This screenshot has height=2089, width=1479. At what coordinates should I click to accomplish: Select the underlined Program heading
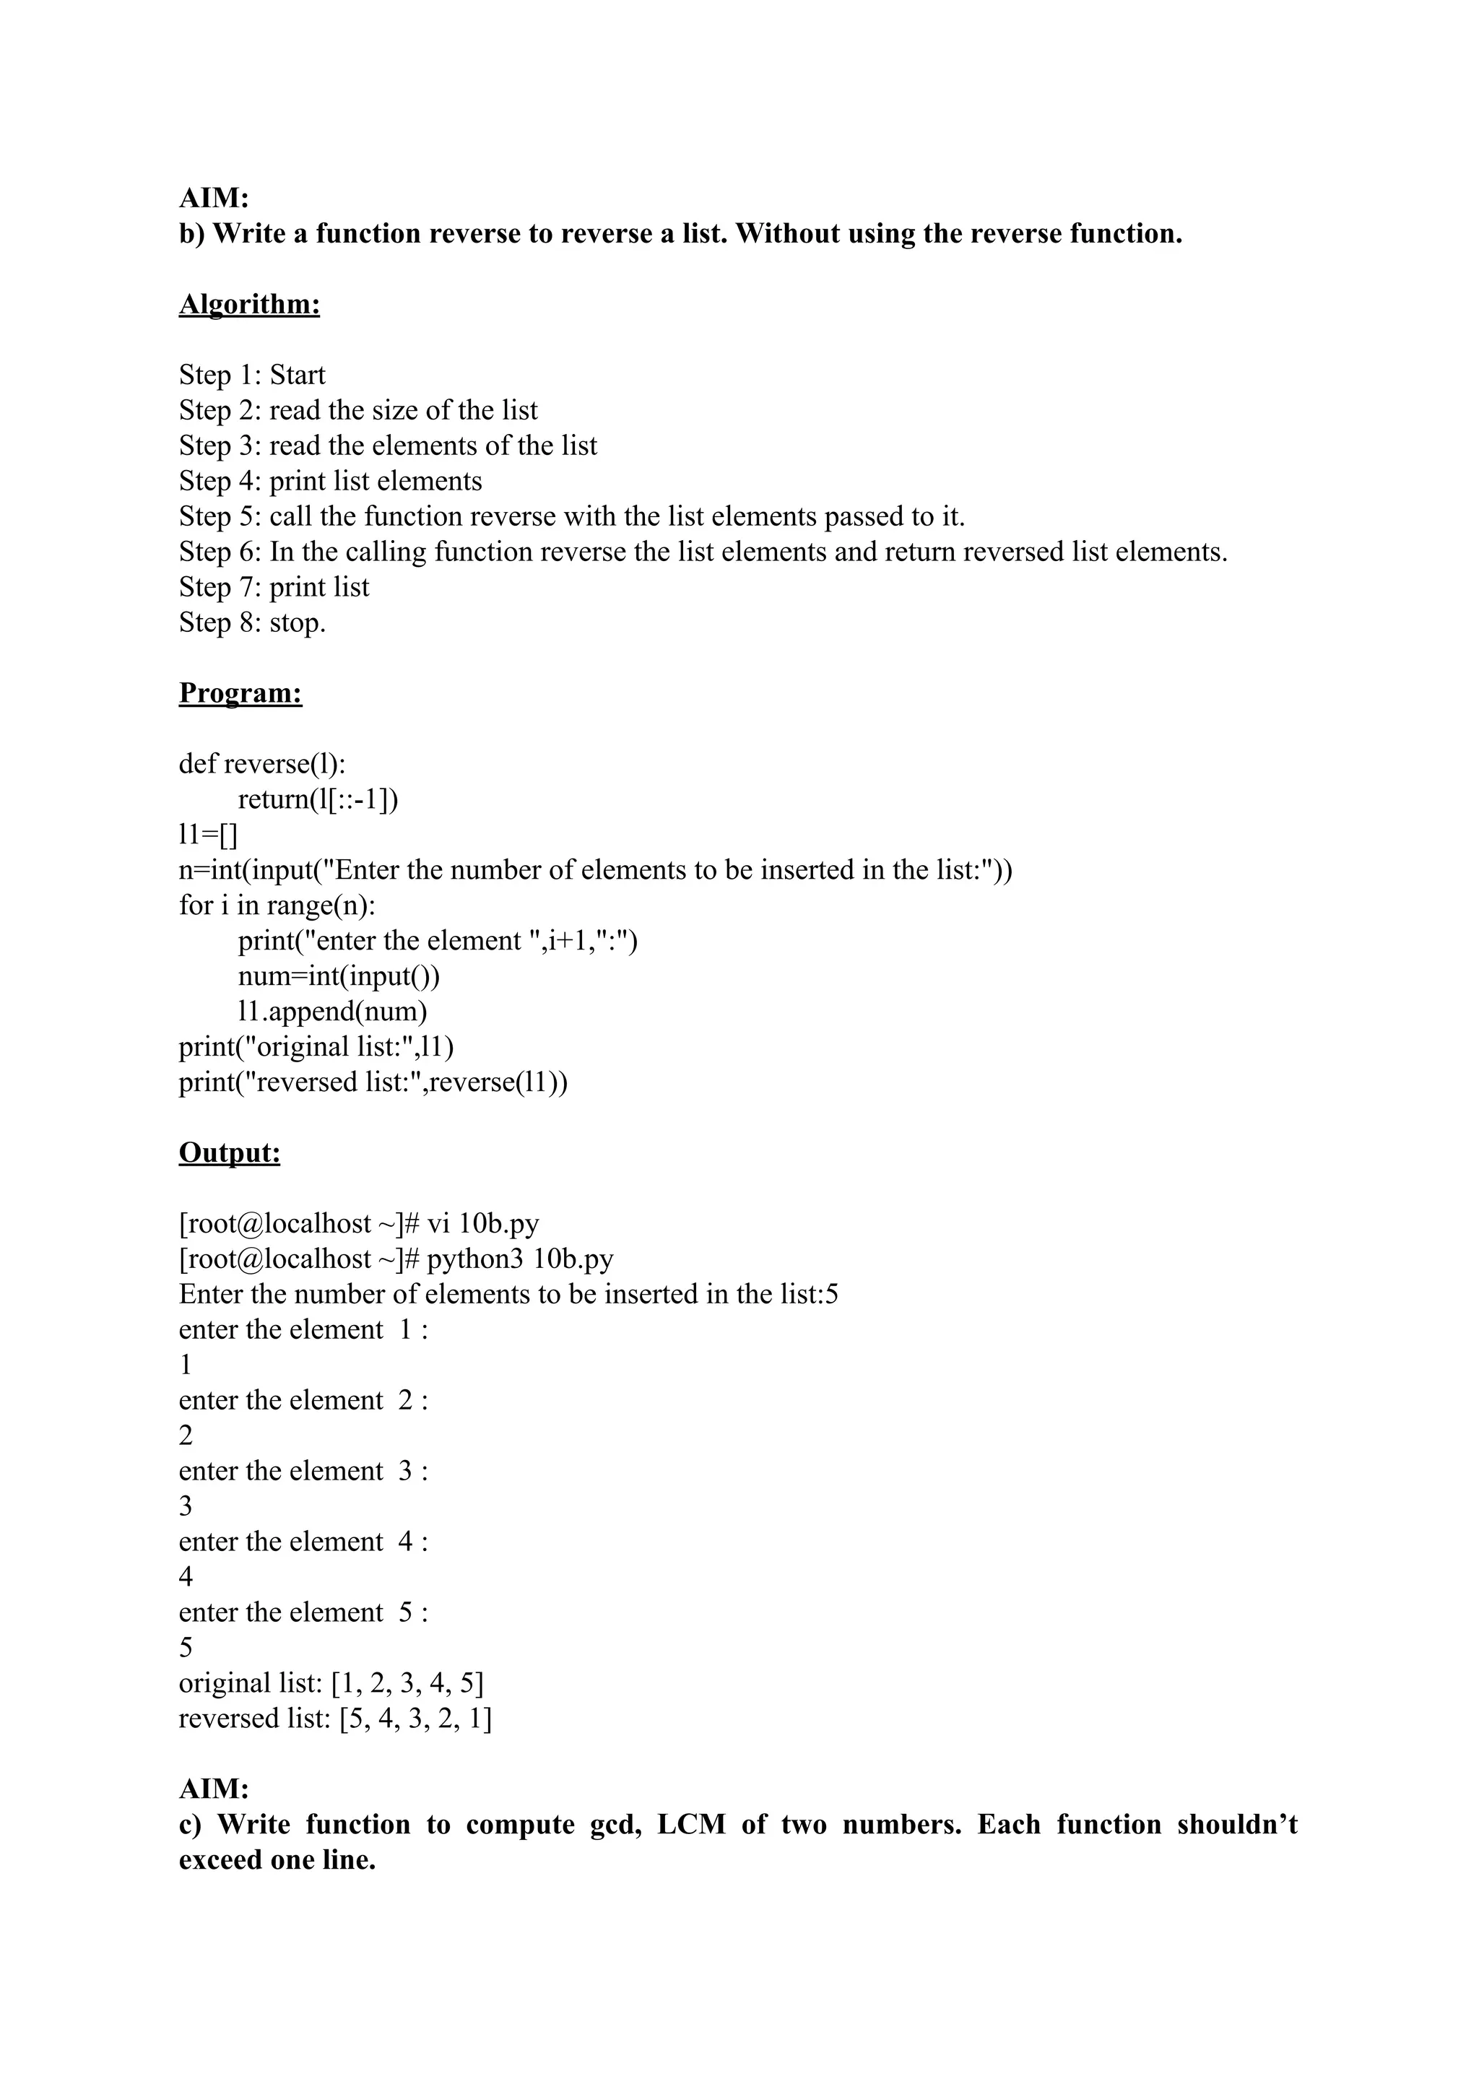point(240,693)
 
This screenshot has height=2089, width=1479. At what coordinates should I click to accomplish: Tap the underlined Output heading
point(230,1153)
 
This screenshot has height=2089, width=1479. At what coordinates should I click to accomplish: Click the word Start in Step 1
point(297,375)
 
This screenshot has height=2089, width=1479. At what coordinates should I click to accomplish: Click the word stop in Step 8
point(297,623)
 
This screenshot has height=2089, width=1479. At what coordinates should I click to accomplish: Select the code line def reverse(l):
point(262,764)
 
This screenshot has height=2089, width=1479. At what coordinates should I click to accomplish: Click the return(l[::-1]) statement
point(318,799)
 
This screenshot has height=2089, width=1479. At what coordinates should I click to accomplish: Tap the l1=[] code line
point(208,834)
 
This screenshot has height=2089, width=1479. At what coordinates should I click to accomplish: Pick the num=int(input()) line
point(339,976)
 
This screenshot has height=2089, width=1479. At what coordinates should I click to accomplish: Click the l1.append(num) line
point(332,1012)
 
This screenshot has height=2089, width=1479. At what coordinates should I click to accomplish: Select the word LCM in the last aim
point(691,1825)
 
